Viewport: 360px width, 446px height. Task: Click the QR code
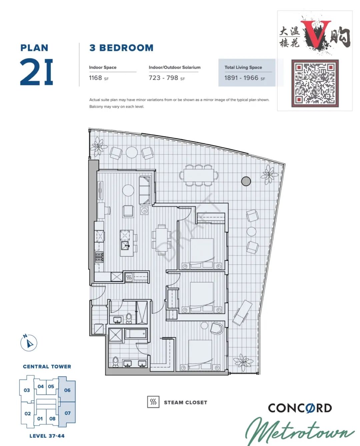(x=315, y=83)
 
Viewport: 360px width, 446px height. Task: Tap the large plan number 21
(x=36, y=72)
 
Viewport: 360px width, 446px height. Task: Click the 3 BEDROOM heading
(x=121, y=48)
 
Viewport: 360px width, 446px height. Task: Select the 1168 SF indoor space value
(x=99, y=78)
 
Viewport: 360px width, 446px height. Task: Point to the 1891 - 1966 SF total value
(x=245, y=78)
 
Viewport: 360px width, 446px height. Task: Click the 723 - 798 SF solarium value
(x=167, y=78)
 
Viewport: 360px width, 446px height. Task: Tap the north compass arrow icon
(x=29, y=343)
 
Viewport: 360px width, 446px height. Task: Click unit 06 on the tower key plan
(x=67, y=390)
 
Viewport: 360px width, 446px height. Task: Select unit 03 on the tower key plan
(x=27, y=390)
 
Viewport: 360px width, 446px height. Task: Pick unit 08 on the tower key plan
(x=52, y=418)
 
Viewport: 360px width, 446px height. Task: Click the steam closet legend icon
(x=153, y=402)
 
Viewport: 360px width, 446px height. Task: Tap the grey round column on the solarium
(x=246, y=181)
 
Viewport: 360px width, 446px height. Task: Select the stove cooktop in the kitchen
(x=99, y=257)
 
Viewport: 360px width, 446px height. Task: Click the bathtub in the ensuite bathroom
(x=136, y=334)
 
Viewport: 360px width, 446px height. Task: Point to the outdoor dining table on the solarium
(x=199, y=175)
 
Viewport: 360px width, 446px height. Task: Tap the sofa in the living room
(x=145, y=190)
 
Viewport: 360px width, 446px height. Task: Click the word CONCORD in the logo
(x=300, y=408)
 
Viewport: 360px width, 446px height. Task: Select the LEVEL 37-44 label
(x=47, y=436)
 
